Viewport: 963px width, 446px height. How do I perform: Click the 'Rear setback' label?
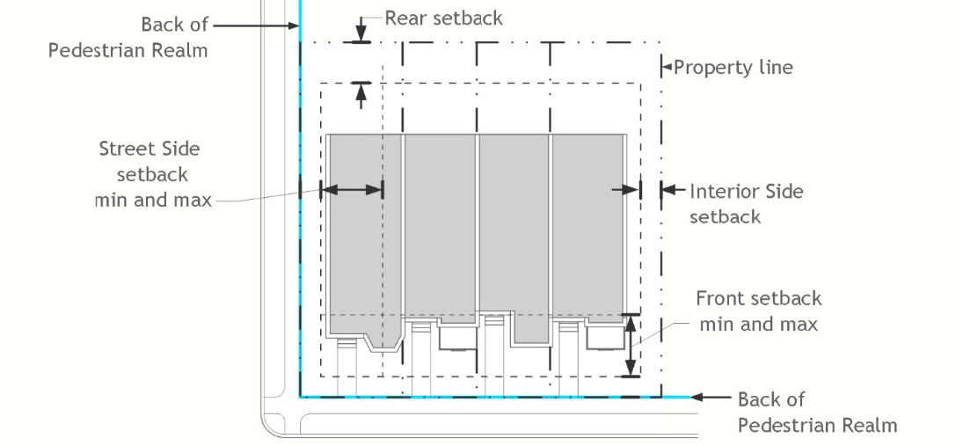pos(443,18)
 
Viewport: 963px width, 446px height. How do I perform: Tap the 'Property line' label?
pos(733,67)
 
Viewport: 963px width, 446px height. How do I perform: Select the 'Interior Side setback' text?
pos(746,203)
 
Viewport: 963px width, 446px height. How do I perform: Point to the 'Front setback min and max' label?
pos(758,311)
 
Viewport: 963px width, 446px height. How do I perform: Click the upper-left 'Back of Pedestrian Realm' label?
pos(128,37)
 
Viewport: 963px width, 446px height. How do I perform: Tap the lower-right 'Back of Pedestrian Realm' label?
pos(816,413)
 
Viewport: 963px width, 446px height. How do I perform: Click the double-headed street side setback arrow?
pos(353,188)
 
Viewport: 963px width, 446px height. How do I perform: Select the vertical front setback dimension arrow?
pos(630,345)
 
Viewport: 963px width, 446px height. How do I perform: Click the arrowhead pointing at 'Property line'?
pos(667,66)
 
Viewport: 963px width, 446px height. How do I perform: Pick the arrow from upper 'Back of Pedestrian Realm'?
pos(255,26)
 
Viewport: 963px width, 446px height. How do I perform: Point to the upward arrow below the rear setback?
pos(359,93)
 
